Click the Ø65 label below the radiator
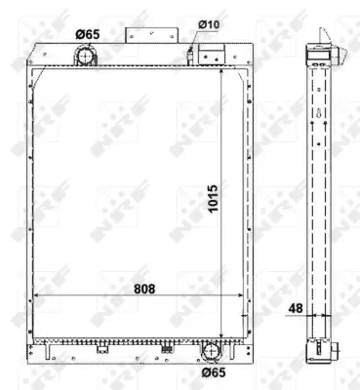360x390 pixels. (x=215, y=371)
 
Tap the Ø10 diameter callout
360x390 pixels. (x=209, y=23)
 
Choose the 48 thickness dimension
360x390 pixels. (x=295, y=309)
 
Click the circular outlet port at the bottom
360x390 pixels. (x=211, y=350)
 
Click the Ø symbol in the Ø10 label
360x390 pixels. (x=202, y=23)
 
